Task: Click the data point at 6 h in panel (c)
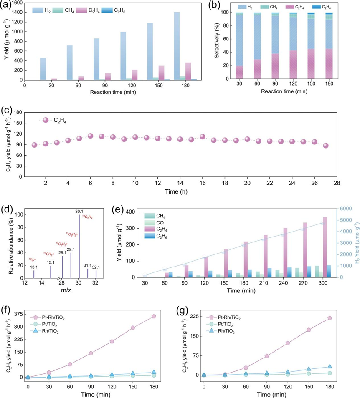90,136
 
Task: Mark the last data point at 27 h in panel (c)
326,146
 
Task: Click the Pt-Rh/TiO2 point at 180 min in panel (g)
330,318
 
